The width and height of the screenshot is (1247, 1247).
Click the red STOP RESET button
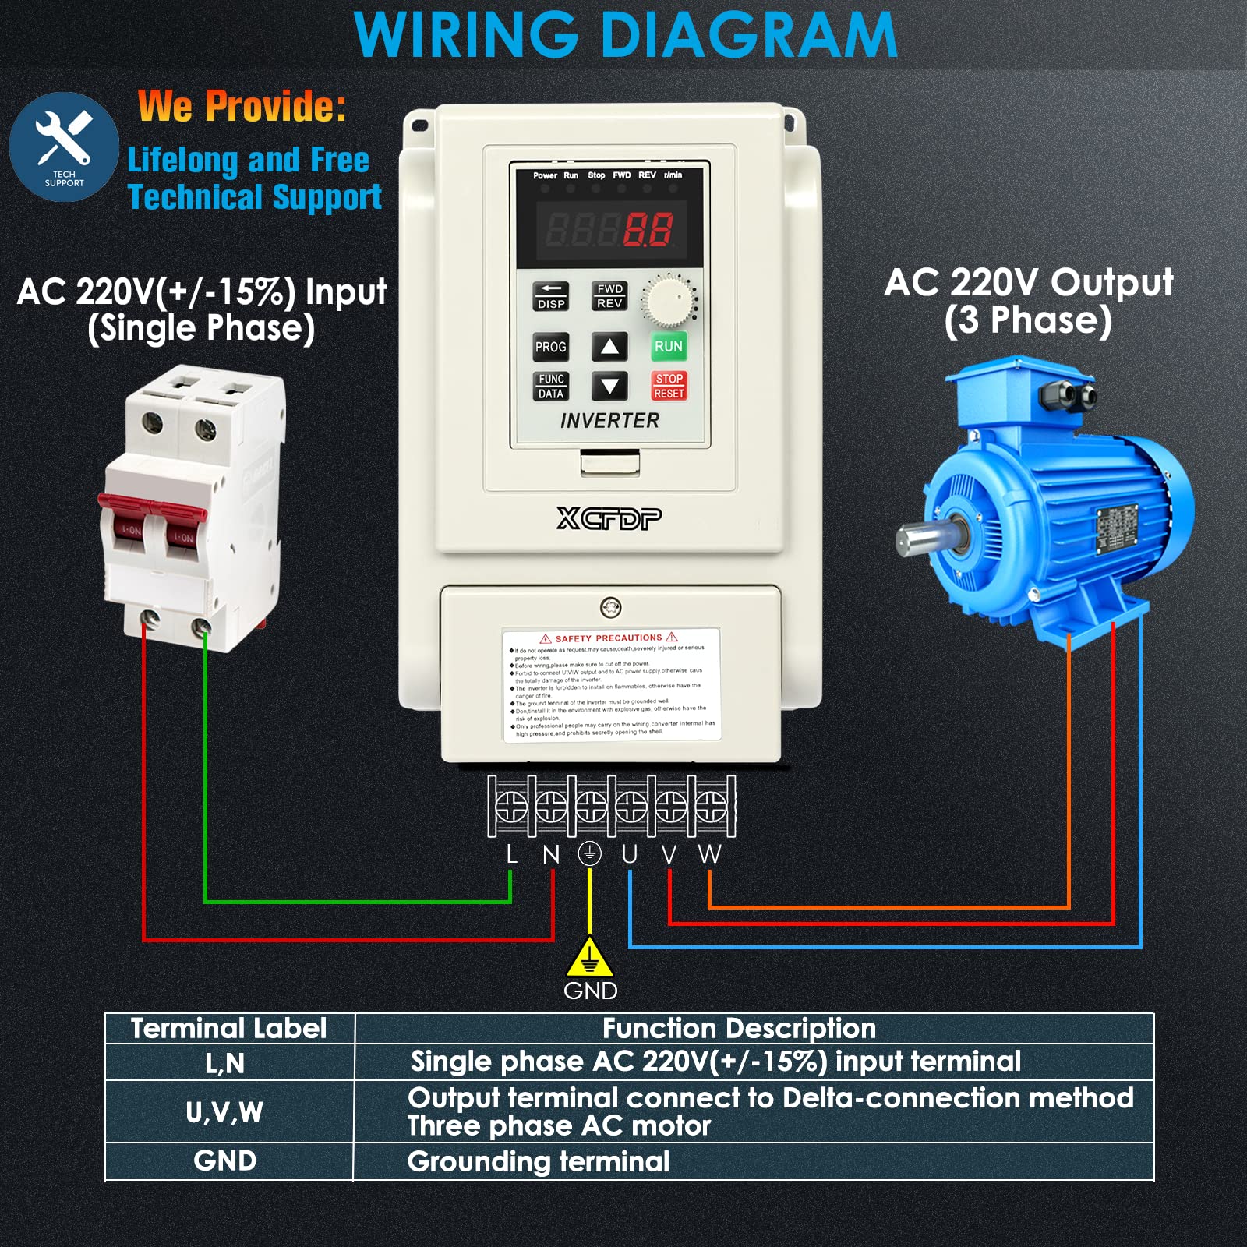(x=669, y=386)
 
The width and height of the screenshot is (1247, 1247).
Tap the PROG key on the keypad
(x=550, y=347)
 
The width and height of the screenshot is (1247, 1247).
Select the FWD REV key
(x=609, y=296)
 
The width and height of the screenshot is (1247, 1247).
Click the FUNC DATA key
(x=551, y=386)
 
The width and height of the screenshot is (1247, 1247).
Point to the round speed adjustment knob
(x=668, y=301)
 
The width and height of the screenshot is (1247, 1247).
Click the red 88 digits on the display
(x=648, y=230)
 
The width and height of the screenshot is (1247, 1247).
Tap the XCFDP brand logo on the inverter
(x=609, y=518)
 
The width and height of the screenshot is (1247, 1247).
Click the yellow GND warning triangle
(x=590, y=959)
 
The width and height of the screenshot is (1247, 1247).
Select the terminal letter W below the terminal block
(x=709, y=854)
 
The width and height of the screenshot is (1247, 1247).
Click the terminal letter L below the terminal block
(x=511, y=854)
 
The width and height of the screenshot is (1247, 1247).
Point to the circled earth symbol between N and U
(x=590, y=854)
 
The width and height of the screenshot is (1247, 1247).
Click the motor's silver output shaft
(x=920, y=539)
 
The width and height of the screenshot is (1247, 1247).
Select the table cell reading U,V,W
(x=224, y=1112)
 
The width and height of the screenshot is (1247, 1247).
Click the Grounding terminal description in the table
(x=538, y=1161)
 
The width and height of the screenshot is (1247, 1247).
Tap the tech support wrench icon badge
(x=64, y=147)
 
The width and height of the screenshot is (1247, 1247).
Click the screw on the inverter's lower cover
(x=611, y=607)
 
